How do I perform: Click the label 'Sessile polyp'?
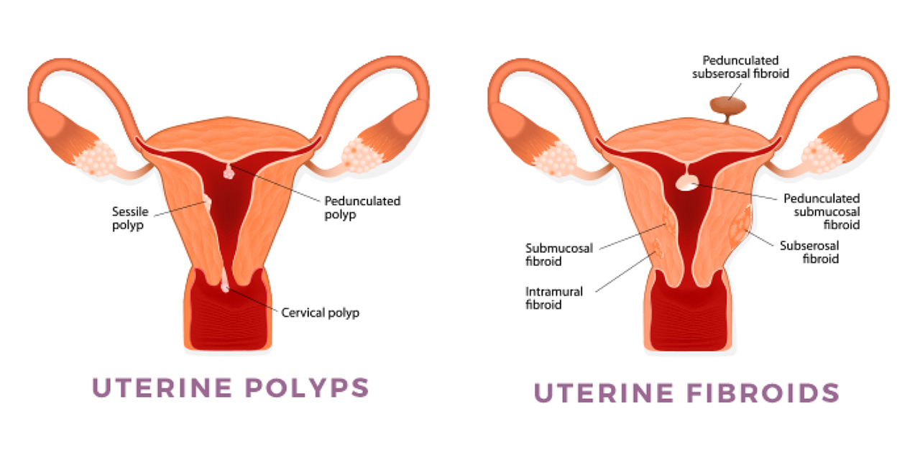pyautogui.click(x=130, y=218)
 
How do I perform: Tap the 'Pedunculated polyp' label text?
pyautogui.click(x=362, y=208)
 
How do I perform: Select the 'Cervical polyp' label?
pyautogui.click(x=320, y=313)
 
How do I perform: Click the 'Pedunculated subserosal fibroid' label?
pyautogui.click(x=740, y=67)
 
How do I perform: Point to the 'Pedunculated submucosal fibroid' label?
pyautogui.click(x=822, y=212)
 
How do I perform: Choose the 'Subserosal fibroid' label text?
pyautogui.click(x=809, y=252)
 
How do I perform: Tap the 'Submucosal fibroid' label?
pyautogui.click(x=559, y=254)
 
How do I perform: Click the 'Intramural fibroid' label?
pyautogui.click(x=553, y=298)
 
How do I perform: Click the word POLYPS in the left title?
pyautogui.click(x=307, y=387)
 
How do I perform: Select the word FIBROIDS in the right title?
pyautogui.click(x=763, y=393)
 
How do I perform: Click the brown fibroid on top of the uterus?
pyautogui.click(x=728, y=106)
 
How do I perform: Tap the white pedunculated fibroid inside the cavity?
pyautogui.click(x=687, y=183)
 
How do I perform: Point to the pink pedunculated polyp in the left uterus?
pyautogui.click(x=229, y=172)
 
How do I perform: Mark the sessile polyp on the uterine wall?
pyautogui.click(x=208, y=202)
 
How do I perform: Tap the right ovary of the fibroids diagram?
pyautogui.click(x=821, y=156)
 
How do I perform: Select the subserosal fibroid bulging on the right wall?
pyautogui.click(x=741, y=226)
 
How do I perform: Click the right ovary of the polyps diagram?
pyautogui.click(x=361, y=156)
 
